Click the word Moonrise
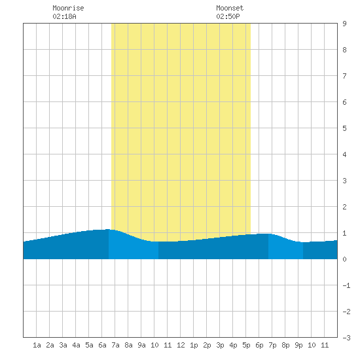point(68,8)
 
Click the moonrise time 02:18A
point(64,16)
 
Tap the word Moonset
point(230,8)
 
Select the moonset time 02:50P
point(228,16)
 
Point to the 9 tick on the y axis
point(344,24)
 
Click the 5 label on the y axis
point(344,128)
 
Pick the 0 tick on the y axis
point(344,259)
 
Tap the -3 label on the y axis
point(346,338)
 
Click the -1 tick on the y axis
point(346,285)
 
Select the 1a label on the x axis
point(37,345)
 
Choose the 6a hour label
point(102,345)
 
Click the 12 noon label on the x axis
point(181,345)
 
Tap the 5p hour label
point(246,345)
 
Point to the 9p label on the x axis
point(298,345)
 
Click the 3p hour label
point(220,345)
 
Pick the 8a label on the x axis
point(128,345)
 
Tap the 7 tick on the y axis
point(344,76)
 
